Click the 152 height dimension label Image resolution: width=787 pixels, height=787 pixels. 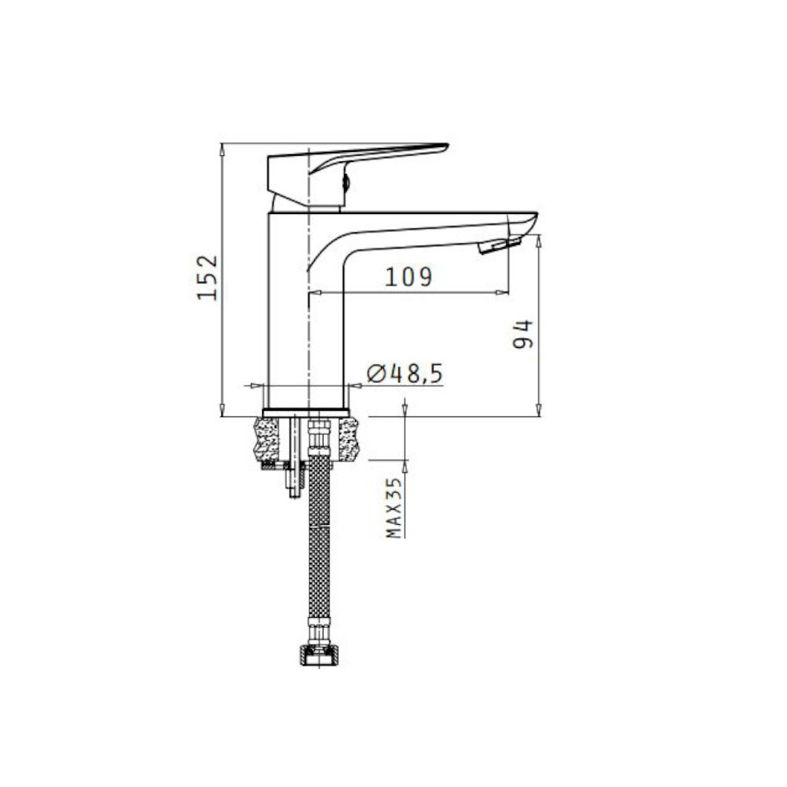(207, 278)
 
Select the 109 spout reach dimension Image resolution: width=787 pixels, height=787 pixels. (408, 276)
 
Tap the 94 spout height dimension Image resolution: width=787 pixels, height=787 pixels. (523, 333)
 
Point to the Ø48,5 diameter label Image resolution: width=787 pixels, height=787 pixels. (405, 373)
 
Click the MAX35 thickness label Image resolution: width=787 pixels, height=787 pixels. (395, 508)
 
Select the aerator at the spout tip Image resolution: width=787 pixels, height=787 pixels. (500, 246)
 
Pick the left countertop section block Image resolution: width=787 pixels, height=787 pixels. (267, 439)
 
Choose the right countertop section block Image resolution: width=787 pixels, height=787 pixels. (349, 439)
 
